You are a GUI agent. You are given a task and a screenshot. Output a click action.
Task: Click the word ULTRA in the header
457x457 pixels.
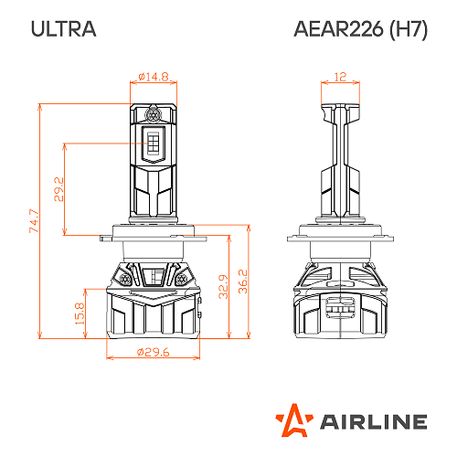point(62,28)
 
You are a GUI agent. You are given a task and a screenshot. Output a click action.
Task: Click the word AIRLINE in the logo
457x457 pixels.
point(372,421)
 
